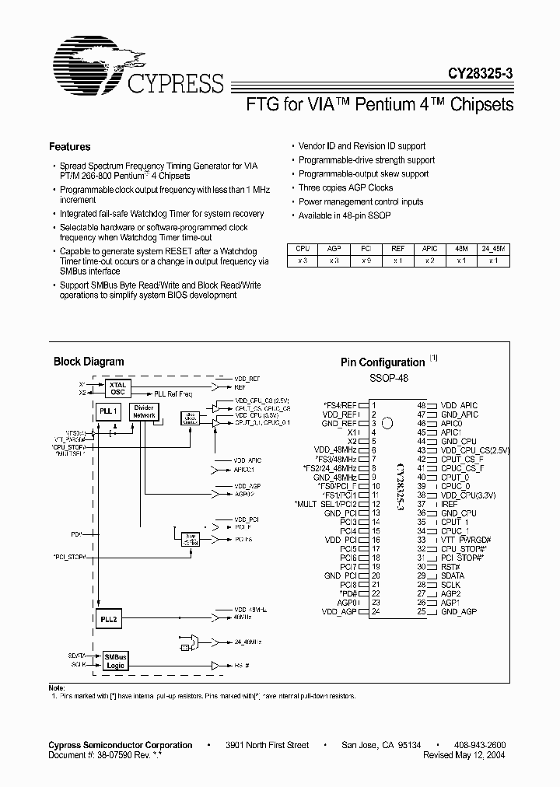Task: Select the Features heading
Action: point(69,146)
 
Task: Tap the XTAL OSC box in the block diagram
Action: point(118,388)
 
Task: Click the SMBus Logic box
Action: point(116,660)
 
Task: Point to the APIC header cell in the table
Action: point(430,248)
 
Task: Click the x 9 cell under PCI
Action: point(366,261)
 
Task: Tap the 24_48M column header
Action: point(492,248)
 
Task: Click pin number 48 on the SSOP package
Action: point(422,405)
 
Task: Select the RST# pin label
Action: point(451,567)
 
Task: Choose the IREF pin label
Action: point(450,504)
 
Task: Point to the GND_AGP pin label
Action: point(459,612)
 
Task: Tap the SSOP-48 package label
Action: point(388,378)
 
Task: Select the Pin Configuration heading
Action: point(383,362)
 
